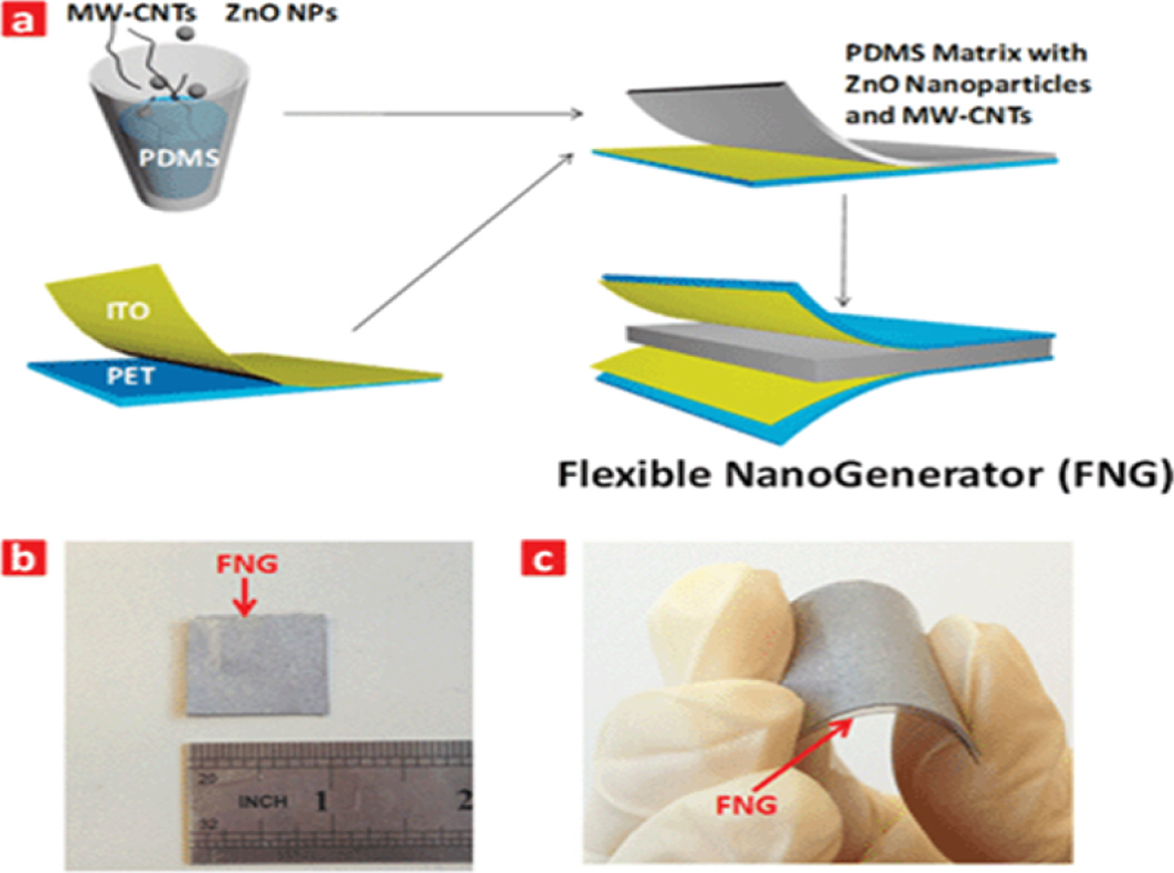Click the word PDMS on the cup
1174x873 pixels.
(180, 155)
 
